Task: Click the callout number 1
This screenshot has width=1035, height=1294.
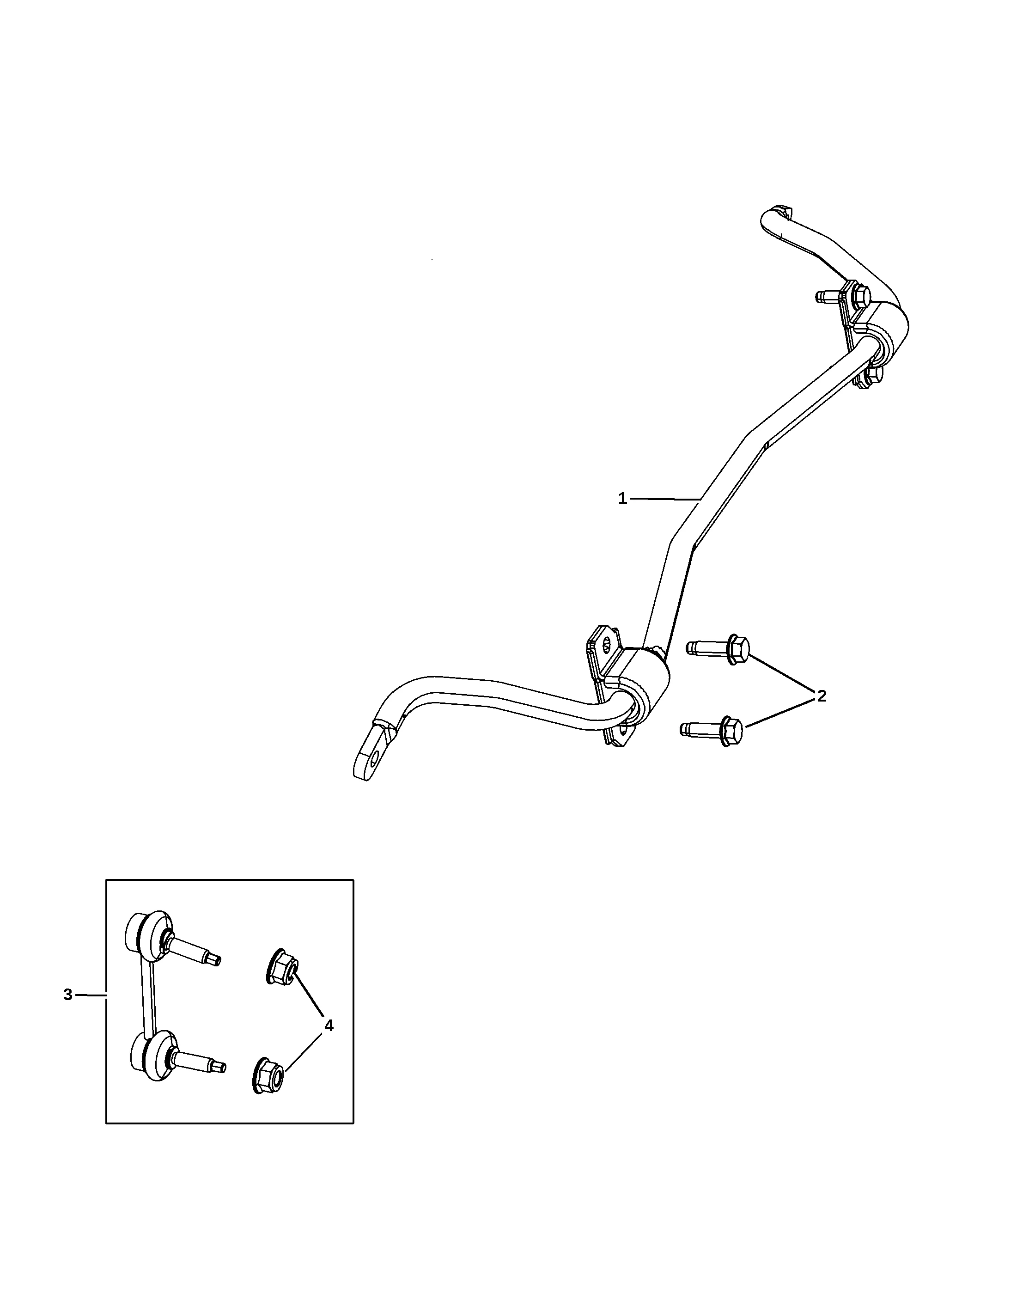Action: click(622, 498)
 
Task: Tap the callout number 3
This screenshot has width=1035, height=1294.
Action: click(68, 995)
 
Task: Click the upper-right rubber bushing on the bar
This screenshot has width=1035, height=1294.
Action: click(885, 339)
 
